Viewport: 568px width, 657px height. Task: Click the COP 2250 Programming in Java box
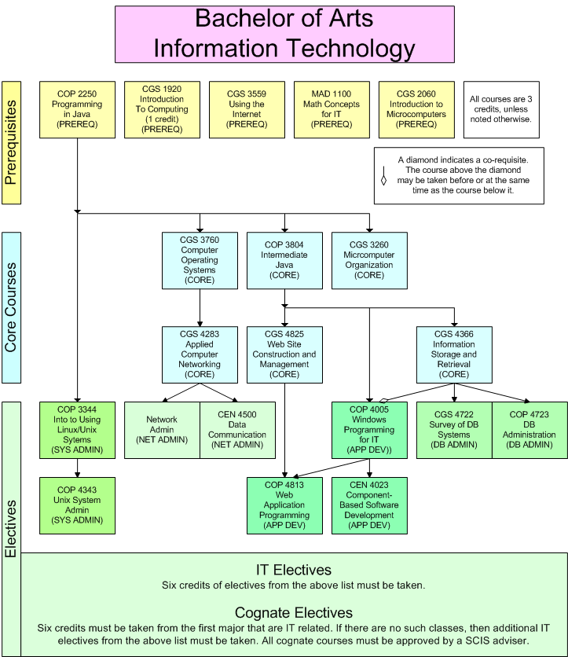pyautogui.click(x=77, y=110)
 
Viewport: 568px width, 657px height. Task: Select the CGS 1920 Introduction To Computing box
pyautogui.click(x=162, y=110)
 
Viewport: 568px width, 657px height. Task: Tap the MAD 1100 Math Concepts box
pyautogui.click(x=332, y=110)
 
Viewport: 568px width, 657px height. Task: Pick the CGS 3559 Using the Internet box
pyautogui.click(x=247, y=110)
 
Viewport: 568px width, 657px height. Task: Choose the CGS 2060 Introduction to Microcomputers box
pyautogui.click(x=416, y=110)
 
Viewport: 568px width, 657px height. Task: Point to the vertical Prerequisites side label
pyautogui.click(x=11, y=143)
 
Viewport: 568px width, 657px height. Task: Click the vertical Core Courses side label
pyautogui.click(x=11, y=307)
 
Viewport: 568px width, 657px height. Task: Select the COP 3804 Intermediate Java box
pyautogui.click(x=284, y=261)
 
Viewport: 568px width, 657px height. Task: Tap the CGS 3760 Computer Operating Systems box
pyautogui.click(x=200, y=261)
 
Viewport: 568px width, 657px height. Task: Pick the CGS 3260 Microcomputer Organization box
pyautogui.click(x=369, y=261)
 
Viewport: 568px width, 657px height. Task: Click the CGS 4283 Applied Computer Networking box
pyautogui.click(x=200, y=355)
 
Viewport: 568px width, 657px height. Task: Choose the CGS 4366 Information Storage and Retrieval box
pyautogui.click(x=454, y=355)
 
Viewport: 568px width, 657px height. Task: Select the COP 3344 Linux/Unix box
pyautogui.click(x=77, y=431)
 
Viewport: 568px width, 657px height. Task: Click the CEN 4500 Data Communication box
pyautogui.click(x=237, y=431)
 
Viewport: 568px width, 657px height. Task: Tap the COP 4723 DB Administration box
pyautogui.click(x=530, y=431)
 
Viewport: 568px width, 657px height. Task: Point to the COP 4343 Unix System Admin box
pyautogui.click(x=77, y=506)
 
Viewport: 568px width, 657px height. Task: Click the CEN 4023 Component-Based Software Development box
pyautogui.click(x=369, y=506)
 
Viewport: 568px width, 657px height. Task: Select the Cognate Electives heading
pyautogui.click(x=294, y=612)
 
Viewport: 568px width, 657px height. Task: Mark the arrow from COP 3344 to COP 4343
pyautogui.click(x=77, y=468)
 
